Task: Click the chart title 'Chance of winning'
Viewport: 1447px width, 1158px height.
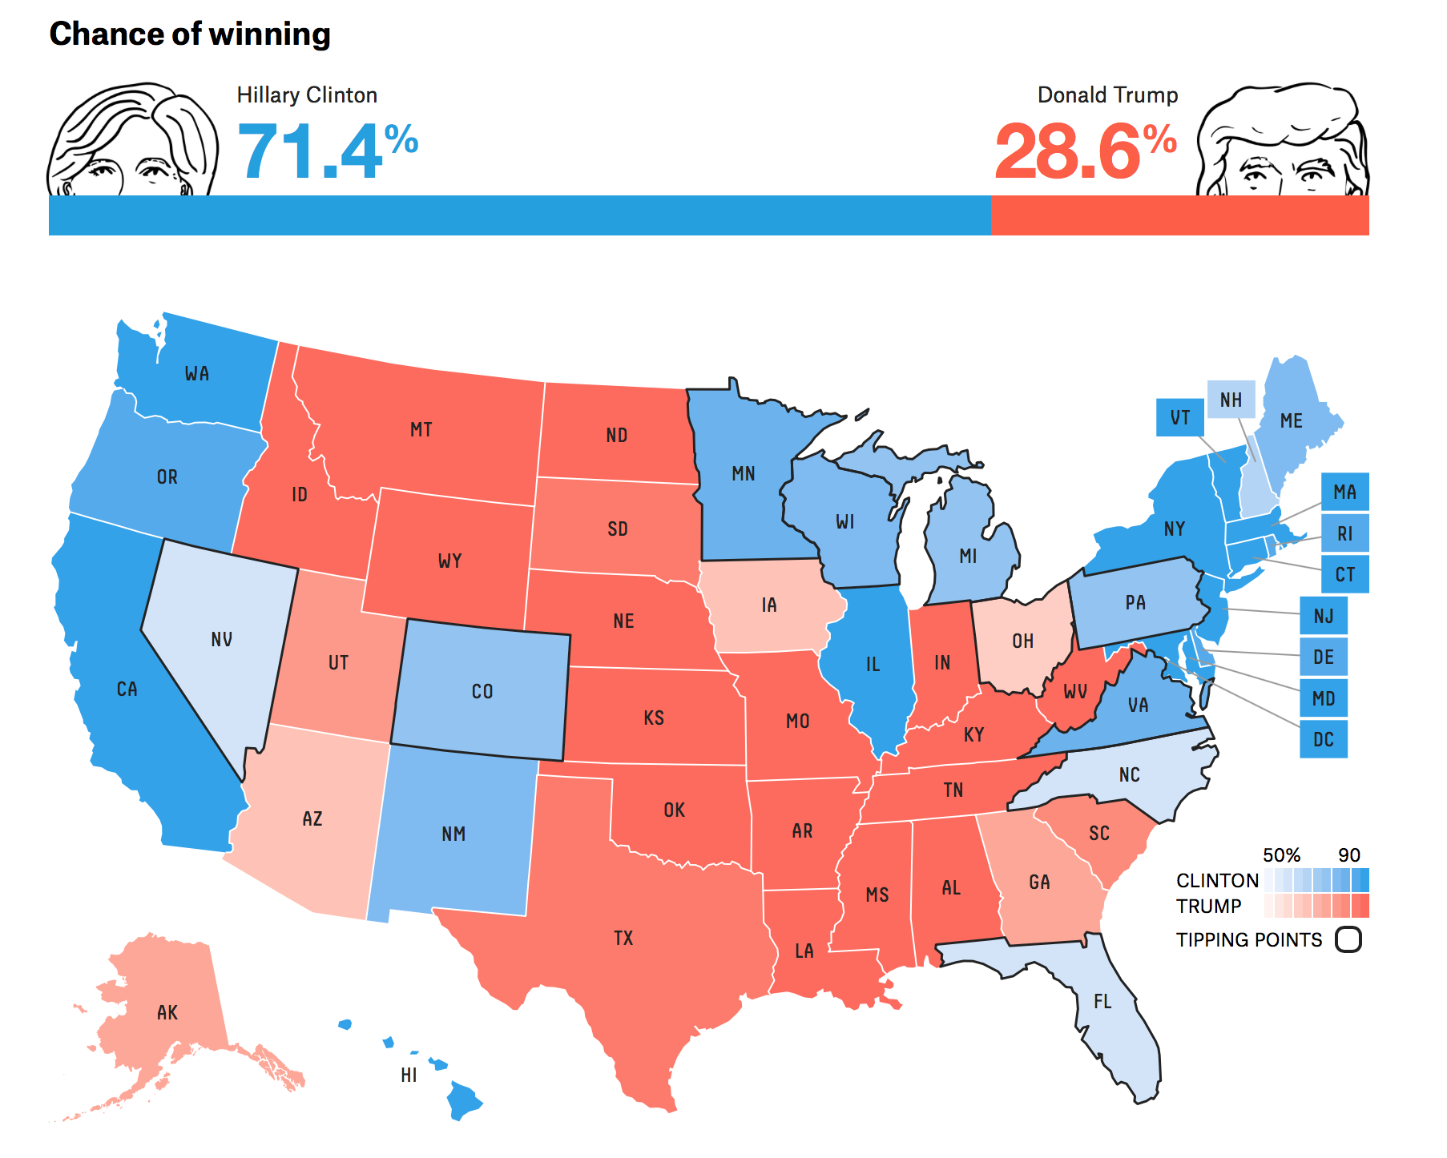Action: click(x=190, y=34)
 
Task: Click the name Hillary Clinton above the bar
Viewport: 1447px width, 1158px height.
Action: click(x=307, y=95)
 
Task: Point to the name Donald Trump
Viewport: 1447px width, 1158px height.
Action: click(x=1107, y=95)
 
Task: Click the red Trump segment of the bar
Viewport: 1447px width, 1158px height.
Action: click(x=1179, y=215)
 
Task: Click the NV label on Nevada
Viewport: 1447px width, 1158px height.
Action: click(x=222, y=639)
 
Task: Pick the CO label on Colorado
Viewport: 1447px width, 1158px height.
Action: click(x=482, y=691)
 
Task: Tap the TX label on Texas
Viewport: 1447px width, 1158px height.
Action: click(x=623, y=938)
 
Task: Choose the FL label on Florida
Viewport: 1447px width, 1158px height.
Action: click(x=1102, y=1002)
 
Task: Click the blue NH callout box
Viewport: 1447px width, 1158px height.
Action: click(x=1231, y=400)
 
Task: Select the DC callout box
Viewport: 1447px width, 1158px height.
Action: click(x=1323, y=739)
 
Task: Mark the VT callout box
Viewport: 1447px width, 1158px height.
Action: click(x=1179, y=417)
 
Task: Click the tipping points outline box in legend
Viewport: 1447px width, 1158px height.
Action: click(x=1348, y=939)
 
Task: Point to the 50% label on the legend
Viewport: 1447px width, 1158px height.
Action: click(x=1281, y=854)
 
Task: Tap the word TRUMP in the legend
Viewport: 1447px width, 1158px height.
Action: click(x=1208, y=906)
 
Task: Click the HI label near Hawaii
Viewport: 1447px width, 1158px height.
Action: click(x=409, y=1075)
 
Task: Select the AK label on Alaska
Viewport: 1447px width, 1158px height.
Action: click(x=167, y=1012)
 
